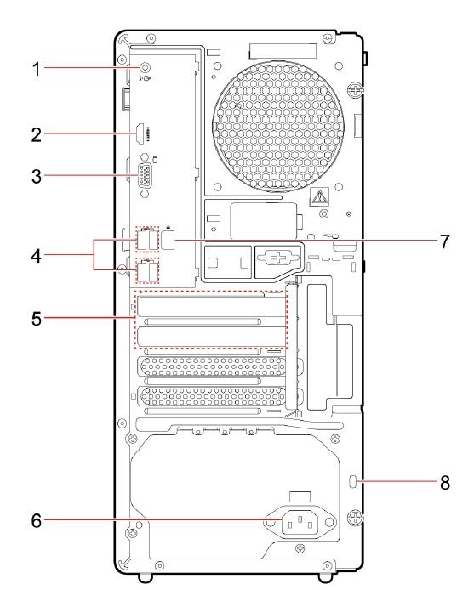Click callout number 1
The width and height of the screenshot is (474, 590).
pos(37,69)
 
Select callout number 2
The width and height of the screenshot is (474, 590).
pos(37,134)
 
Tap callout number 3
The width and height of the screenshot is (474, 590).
pos(37,177)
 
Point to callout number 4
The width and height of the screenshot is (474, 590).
pos(37,256)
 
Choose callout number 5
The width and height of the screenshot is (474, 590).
pos(37,319)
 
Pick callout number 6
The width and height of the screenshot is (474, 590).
pos(37,521)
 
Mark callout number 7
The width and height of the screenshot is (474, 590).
pos(445,241)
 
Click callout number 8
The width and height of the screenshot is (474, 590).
pos(445,482)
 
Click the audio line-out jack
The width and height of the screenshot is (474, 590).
pos(145,68)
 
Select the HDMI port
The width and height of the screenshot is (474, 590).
pos(140,134)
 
